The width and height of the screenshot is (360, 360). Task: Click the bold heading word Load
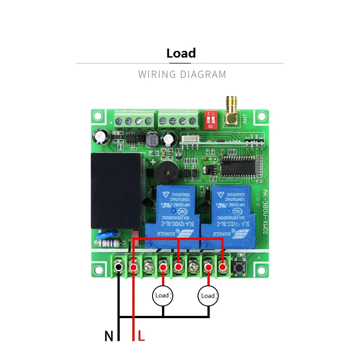pyautogui.click(x=181, y=53)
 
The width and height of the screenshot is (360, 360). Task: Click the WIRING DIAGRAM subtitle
pyautogui.click(x=182, y=74)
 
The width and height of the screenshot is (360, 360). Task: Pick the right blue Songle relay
pyautogui.click(x=226, y=212)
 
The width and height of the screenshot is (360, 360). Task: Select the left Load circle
pyautogui.click(x=162, y=296)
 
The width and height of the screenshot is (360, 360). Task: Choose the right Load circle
pyautogui.click(x=208, y=296)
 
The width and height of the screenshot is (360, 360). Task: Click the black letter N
pyautogui.click(x=108, y=336)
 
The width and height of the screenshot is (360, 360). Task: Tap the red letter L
pyautogui.click(x=141, y=336)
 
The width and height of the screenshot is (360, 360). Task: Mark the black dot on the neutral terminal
pyautogui.click(x=118, y=267)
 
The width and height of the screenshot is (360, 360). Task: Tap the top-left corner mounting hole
pyautogui.click(x=98, y=117)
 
